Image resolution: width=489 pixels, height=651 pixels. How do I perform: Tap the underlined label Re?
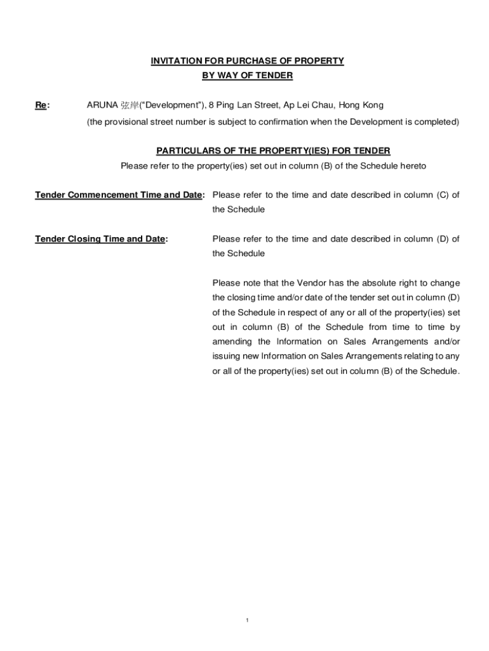click(41, 105)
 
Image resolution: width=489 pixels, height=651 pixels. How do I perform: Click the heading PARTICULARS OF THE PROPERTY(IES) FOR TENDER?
click(273, 151)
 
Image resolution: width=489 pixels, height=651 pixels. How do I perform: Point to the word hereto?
click(412, 166)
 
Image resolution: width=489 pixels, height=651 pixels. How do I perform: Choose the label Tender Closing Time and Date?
click(100, 239)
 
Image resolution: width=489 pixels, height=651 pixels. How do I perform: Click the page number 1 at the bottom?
click(246, 620)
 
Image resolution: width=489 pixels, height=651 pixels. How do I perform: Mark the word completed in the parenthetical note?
click(437, 121)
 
